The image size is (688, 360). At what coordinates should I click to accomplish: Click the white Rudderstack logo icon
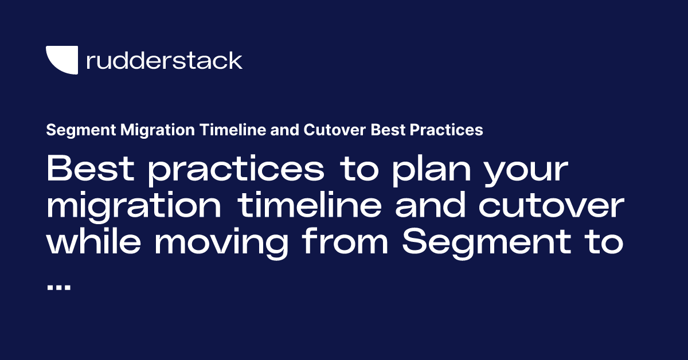tap(62, 60)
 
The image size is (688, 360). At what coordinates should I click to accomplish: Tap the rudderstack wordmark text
tap(165, 60)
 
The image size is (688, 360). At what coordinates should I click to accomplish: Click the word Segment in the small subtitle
tap(81, 130)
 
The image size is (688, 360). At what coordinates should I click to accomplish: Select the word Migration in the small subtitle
tap(158, 130)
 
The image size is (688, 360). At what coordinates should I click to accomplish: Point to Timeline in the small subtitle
tap(233, 130)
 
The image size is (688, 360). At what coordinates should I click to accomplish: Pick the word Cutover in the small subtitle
tap(334, 130)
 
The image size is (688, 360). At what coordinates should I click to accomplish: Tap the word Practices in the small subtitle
tap(446, 130)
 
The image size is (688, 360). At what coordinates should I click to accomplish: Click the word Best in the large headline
tap(91, 168)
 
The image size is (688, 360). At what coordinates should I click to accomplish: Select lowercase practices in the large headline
tap(236, 171)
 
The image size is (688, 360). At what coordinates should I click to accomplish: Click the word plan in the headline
tap(432, 171)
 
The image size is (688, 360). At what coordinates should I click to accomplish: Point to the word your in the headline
tap(526, 174)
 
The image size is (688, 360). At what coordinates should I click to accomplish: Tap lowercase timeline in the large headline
tap(309, 205)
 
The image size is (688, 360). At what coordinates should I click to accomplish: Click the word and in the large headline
tap(430, 205)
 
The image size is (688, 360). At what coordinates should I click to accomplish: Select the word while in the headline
tap(93, 241)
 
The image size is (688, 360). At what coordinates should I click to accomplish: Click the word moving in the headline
tap(221, 244)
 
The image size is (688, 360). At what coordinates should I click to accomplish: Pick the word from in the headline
tap(345, 241)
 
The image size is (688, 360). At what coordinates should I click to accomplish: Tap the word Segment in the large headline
tap(487, 244)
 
